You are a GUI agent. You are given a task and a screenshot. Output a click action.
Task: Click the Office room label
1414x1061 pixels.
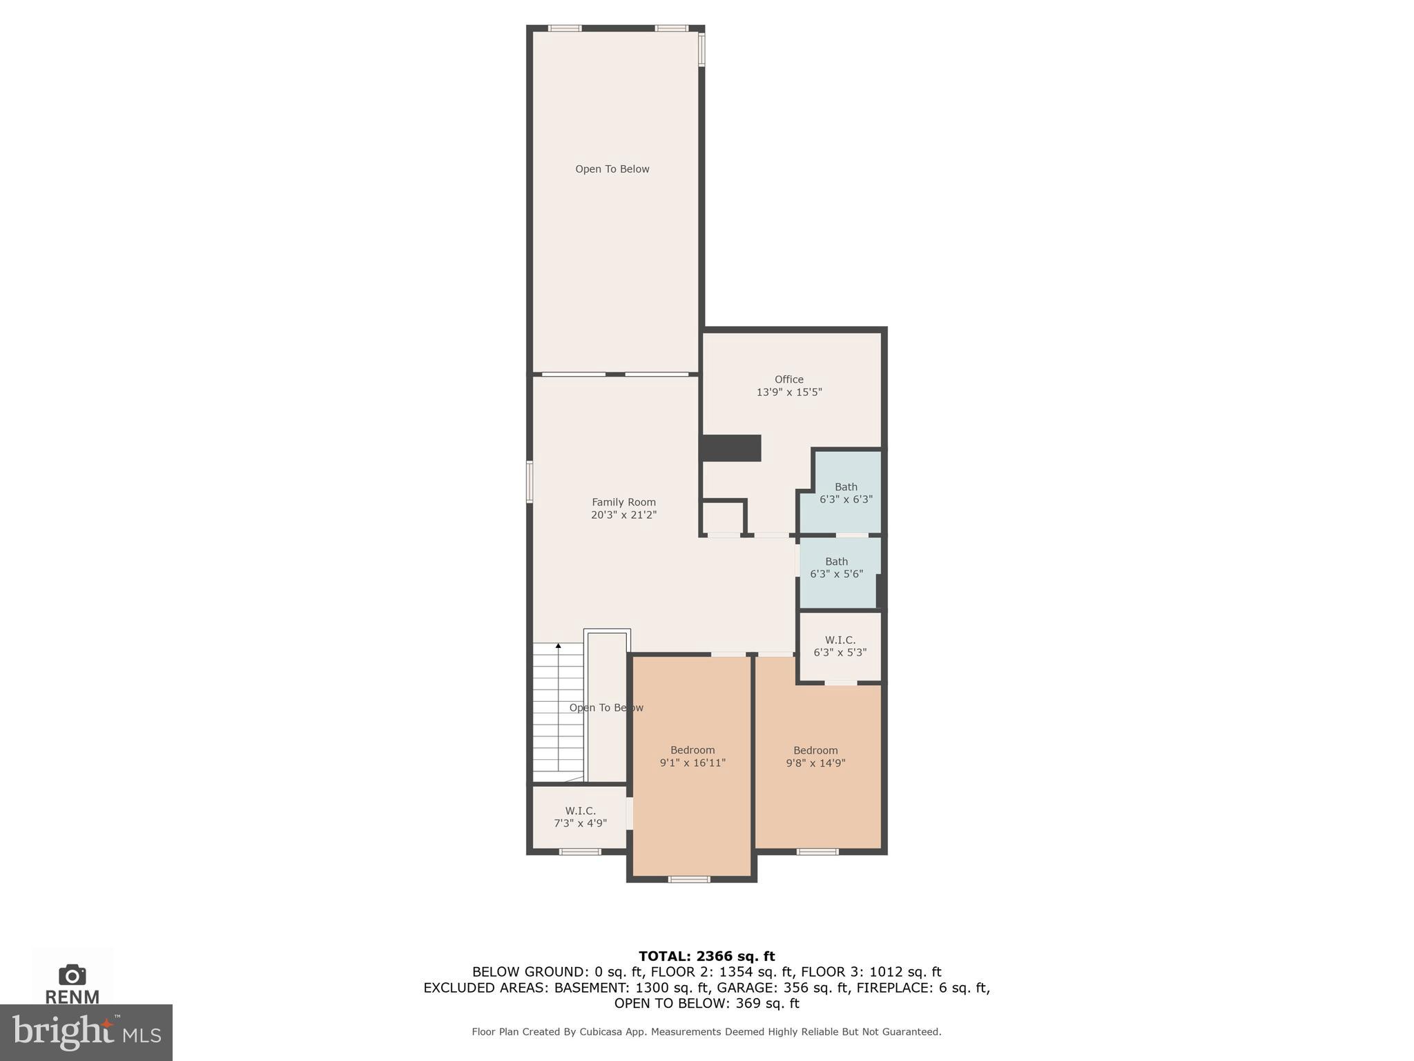[x=788, y=379]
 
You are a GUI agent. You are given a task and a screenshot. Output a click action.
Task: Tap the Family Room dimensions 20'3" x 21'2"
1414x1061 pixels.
[x=623, y=515]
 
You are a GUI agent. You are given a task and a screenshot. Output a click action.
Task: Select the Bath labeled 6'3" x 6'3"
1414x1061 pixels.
[x=845, y=493]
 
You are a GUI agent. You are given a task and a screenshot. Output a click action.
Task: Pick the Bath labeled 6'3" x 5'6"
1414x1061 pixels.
[x=836, y=568]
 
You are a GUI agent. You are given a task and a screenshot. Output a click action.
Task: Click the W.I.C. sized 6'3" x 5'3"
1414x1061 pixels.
[x=840, y=646]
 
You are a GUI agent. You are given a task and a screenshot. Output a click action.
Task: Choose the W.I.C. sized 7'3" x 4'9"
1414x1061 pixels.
[x=580, y=816]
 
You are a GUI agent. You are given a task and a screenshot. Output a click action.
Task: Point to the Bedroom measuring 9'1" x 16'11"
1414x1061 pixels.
[x=693, y=756]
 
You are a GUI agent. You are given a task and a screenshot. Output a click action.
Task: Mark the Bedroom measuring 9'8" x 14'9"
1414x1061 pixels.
[x=815, y=756]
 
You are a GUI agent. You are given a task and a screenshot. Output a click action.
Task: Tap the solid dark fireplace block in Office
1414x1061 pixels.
[x=731, y=448]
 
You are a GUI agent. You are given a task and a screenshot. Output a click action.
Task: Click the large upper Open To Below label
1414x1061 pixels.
[x=612, y=169]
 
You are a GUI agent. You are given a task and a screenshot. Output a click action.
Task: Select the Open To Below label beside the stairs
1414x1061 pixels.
[x=606, y=707]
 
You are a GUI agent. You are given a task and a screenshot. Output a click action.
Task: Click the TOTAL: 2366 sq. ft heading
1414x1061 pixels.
[x=706, y=956]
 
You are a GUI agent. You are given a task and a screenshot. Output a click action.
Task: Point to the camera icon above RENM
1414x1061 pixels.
[x=72, y=975]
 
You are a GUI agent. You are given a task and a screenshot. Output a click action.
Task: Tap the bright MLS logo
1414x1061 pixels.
[x=86, y=1032]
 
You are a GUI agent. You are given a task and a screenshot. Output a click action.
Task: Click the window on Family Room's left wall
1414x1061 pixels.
[x=530, y=481]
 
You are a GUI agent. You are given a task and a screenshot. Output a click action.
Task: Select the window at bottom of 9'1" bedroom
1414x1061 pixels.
[x=689, y=879]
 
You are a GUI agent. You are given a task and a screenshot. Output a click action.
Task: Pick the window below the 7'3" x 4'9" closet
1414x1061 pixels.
[x=580, y=851]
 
